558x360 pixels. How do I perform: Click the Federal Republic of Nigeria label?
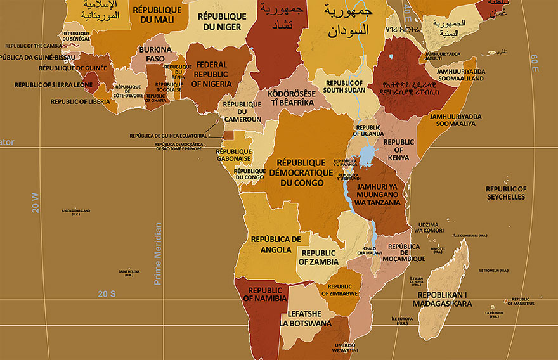pos(211,74)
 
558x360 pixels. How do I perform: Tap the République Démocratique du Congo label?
pos(301,172)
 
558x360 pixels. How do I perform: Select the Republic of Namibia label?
pos(268,294)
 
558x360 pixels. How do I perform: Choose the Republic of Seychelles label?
pos(506,193)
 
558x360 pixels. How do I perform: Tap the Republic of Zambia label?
pos(319,257)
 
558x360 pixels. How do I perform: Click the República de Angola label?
pos(276,244)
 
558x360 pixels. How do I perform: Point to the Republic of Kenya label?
pos(398,150)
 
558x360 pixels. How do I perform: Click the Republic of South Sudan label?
pos(345,86)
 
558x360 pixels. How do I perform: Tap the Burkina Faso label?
pos(155,54)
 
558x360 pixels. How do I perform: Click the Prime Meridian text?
pos(158,253)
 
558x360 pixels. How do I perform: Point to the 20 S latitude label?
pos(107,293)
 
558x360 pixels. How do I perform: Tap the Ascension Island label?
pos(75,212)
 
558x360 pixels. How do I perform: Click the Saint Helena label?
pos(129,273)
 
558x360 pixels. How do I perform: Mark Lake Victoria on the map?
pos(367,155)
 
